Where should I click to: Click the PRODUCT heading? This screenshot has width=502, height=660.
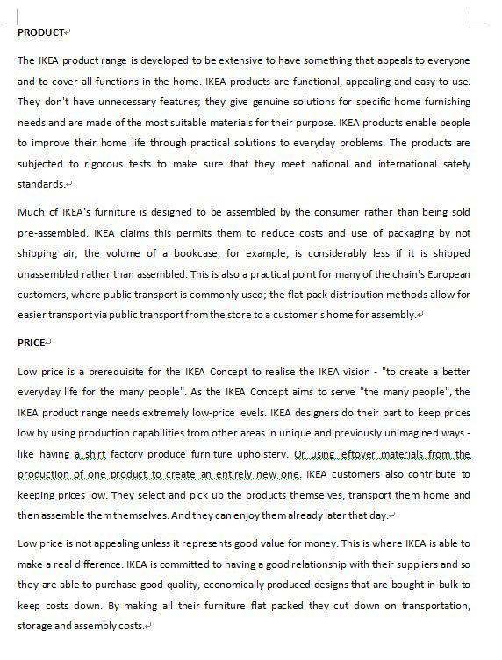tap(40, 32)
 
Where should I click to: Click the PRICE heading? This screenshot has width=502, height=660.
tap(31, 343)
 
